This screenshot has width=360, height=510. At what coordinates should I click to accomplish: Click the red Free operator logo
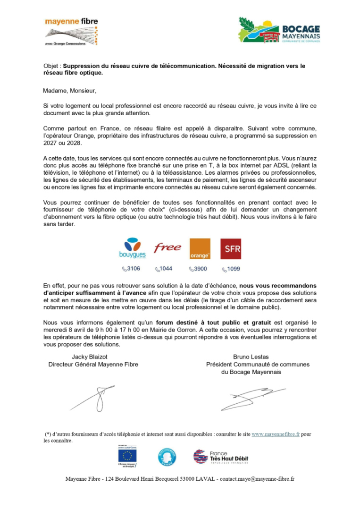click(167, 247)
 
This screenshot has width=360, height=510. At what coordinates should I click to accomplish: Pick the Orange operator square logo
click(200, 249)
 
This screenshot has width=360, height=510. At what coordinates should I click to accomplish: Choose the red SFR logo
click(231, 249)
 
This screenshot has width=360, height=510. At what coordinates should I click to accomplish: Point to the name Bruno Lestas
click(251, 357)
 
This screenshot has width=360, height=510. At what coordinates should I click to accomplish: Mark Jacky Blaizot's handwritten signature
click(97, 398)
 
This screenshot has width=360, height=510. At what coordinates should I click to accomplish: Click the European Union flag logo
click(127, 456)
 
